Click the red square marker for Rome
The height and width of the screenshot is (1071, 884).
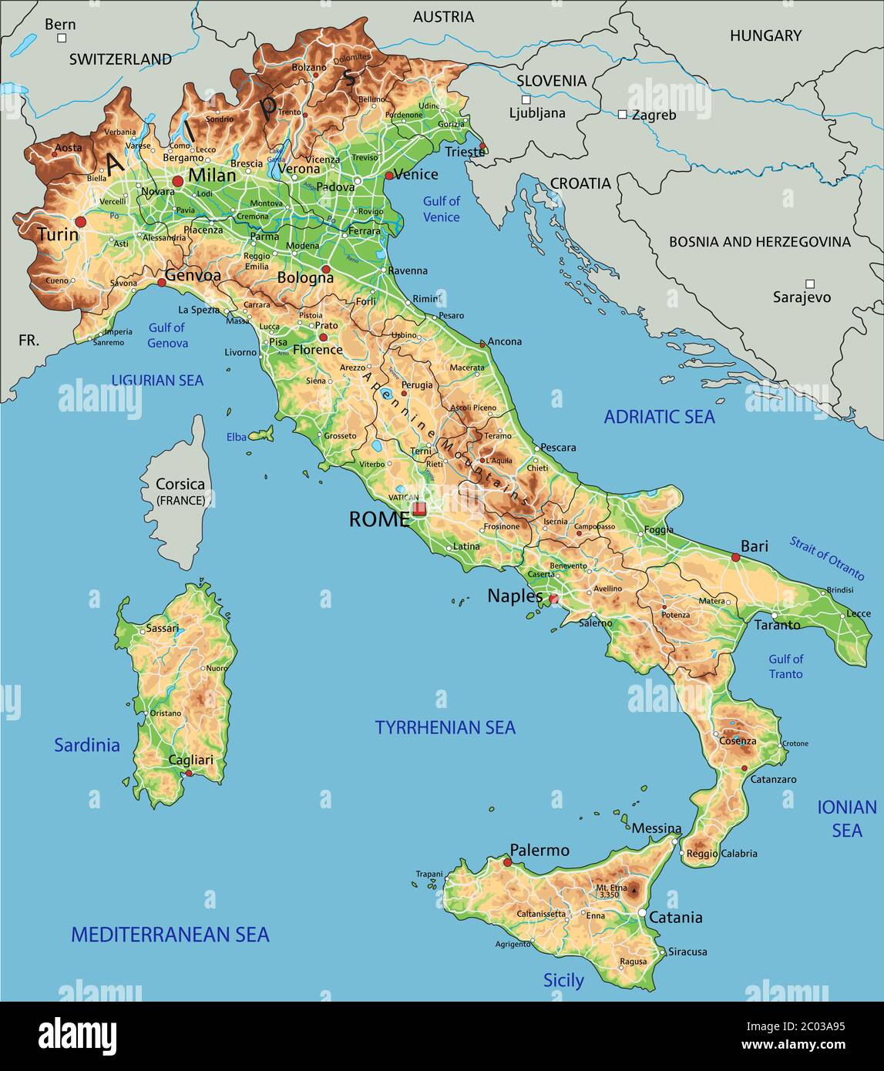418,509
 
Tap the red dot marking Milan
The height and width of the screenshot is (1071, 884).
178,180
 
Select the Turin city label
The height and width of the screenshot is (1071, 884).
58,234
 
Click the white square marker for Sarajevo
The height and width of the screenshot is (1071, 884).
809,284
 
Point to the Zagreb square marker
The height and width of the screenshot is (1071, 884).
622,114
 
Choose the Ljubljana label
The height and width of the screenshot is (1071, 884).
537,113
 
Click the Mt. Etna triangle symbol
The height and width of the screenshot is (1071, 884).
634,891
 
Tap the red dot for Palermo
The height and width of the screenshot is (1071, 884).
507,862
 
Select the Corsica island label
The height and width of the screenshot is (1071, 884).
180,485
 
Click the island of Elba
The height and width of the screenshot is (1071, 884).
262,435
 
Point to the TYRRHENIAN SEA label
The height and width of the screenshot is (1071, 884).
445,727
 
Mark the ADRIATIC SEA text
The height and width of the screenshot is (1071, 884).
659,417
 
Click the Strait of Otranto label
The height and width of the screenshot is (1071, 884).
826,558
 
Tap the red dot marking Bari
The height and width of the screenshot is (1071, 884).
735,557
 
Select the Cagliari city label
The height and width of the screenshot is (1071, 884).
190,760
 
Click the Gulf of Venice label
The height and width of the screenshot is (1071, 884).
441,209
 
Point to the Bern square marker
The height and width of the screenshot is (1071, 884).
61,37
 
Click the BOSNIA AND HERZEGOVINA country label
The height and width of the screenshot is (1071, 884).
759,242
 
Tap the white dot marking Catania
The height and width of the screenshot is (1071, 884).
642,913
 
